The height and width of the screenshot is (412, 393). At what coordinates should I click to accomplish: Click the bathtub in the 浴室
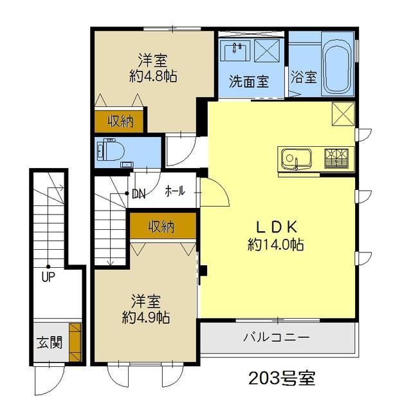tap(337, 64)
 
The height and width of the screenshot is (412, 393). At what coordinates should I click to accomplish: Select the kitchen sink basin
tap(297, 159)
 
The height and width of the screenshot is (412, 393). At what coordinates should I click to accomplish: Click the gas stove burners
tap(336, 158)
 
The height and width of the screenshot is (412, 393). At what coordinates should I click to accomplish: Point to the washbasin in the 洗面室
tap(235, 51)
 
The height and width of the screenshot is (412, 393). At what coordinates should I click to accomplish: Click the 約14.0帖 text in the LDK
tap(275, 245)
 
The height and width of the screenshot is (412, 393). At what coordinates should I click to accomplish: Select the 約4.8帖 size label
tap(152, 77)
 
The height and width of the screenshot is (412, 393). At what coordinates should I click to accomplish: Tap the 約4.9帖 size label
tap(146, 317)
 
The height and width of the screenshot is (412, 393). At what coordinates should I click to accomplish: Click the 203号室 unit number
tap(282, 379)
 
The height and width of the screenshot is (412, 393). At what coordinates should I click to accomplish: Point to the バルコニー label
tap(276, 337)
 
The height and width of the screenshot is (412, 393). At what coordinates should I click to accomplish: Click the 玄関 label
tap(50, 342)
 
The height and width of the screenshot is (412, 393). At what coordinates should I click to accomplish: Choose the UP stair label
tap(48, 277)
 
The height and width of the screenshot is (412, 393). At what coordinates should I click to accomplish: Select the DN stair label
tap(139, 194)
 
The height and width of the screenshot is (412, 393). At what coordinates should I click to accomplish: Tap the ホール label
tap(175, 191)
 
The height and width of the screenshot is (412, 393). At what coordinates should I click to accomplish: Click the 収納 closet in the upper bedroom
tap(119, 121)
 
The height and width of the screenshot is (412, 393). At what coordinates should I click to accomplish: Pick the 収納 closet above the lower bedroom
tap(163, 226)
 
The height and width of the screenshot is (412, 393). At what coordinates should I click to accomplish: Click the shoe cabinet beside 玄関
tap(76, 342)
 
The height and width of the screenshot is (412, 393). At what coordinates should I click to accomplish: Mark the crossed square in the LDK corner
tap(343, 114)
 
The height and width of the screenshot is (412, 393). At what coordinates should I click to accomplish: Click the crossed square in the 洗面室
tap(267, 50)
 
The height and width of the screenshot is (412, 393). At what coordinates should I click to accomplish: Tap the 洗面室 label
tap(249, 82)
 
